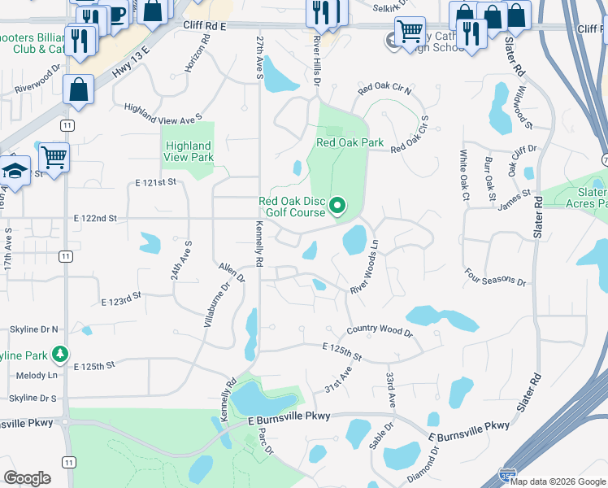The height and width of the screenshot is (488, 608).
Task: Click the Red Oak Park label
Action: pos(349,142)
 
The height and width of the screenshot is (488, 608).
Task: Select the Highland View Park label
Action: pos(188,151)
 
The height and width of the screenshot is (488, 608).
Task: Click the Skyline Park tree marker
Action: pos(59,355)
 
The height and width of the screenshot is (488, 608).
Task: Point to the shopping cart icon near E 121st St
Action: pos(54,157)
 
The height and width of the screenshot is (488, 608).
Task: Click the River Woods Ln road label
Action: pos(365,267)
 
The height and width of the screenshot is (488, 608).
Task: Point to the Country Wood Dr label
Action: pos(380,330)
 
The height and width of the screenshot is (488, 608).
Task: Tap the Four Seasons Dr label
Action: pos(494,277)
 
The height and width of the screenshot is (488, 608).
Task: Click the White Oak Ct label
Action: pos(464,175)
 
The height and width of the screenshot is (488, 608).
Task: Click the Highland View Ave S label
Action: pos(163,112)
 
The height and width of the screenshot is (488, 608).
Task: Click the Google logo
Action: pos(27,478)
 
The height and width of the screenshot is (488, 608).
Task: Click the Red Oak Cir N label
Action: pos(384,87)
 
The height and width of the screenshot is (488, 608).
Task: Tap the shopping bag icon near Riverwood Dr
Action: pos(79,91)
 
